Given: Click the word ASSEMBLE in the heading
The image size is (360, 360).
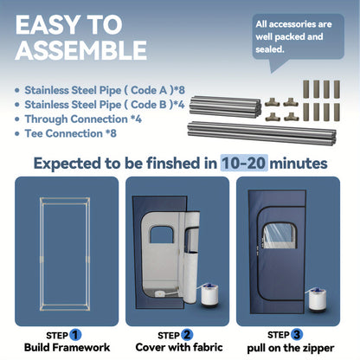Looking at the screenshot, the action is tap(81, 50).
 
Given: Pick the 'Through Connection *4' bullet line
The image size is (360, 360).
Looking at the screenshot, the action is tap(79, 119).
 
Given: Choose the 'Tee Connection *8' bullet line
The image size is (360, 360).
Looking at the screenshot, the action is tap(66, 133).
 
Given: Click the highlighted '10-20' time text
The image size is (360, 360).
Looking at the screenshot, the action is tap(244, 163).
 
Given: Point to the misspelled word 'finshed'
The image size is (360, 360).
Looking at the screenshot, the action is tap(173, 163).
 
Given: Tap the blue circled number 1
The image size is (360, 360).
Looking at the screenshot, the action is tap(75, 335).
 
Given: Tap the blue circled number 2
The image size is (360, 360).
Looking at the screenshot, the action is tap(187, 335).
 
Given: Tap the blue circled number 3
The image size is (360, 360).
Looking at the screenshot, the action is tap(297, 335).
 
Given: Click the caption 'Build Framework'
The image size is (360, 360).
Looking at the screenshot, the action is tap(67, 347).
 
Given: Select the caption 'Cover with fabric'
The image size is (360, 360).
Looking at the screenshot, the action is tap(179, 347).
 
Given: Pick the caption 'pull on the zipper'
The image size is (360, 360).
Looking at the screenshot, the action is tap(291, 348).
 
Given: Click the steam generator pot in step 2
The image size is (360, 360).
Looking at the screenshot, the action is tap(209, 295).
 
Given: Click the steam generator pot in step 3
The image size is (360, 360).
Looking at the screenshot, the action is tap(318, 299).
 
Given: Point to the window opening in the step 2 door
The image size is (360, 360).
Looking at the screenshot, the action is tap(162, 235).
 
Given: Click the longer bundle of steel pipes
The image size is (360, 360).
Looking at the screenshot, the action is tap(261, 133).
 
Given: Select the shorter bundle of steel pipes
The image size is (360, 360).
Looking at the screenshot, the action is tap(225, 106).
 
